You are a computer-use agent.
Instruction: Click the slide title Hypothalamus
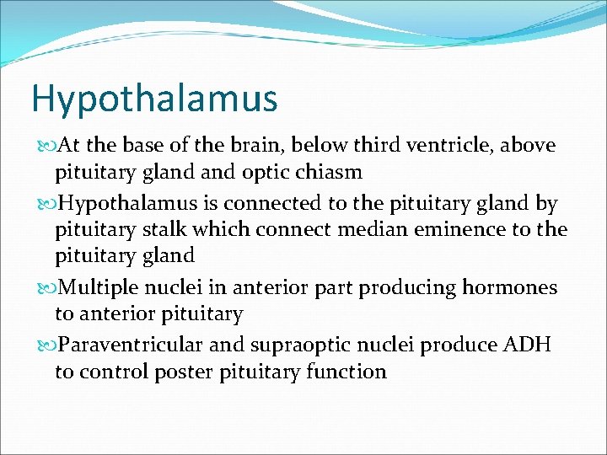(153, 99)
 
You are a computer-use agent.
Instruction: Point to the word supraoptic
(311, 345)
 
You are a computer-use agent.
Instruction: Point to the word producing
(408, 288)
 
